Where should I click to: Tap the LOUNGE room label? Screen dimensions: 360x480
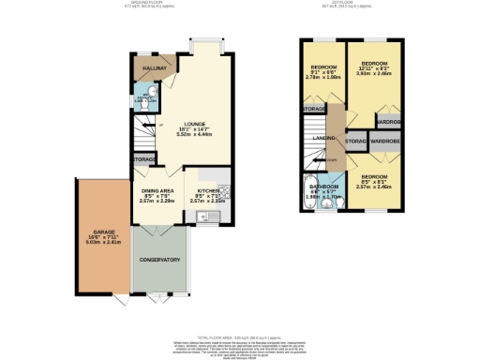coord(195,123)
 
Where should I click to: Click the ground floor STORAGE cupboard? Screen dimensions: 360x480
coord(144,160)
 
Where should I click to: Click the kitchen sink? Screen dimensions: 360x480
coord(204,217)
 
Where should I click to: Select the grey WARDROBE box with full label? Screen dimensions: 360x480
coord(385,141)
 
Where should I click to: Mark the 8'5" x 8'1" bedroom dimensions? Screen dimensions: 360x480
coord(374,186)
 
